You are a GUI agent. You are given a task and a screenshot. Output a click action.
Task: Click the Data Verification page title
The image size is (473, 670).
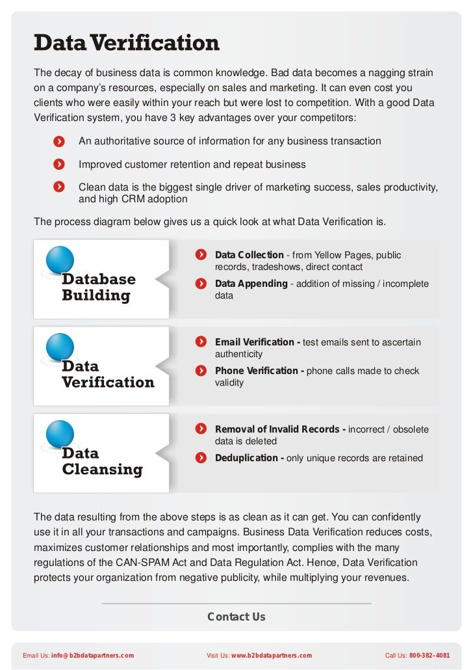point(127,44)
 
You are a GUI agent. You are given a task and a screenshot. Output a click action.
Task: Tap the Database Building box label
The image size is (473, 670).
point(99,288)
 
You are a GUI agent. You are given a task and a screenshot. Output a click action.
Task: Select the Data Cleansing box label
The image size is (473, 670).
point(102,461)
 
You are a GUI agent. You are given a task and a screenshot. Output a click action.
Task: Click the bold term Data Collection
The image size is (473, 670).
point(249,255)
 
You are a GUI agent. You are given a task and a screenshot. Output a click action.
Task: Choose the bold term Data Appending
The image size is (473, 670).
point(251,284)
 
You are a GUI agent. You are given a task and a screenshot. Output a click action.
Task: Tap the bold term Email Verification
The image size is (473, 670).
point(257,342)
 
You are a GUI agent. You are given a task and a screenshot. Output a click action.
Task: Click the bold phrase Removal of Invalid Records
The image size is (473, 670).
point(280,429)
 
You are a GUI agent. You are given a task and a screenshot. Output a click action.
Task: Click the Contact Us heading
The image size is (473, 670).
point(236,617)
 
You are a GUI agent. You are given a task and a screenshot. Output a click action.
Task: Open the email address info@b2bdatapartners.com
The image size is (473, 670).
point(93,656)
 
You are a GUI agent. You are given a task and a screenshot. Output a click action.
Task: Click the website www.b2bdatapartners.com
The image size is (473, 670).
point(272,656)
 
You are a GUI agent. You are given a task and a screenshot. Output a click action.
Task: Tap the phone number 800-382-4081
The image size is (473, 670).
point(429,656)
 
